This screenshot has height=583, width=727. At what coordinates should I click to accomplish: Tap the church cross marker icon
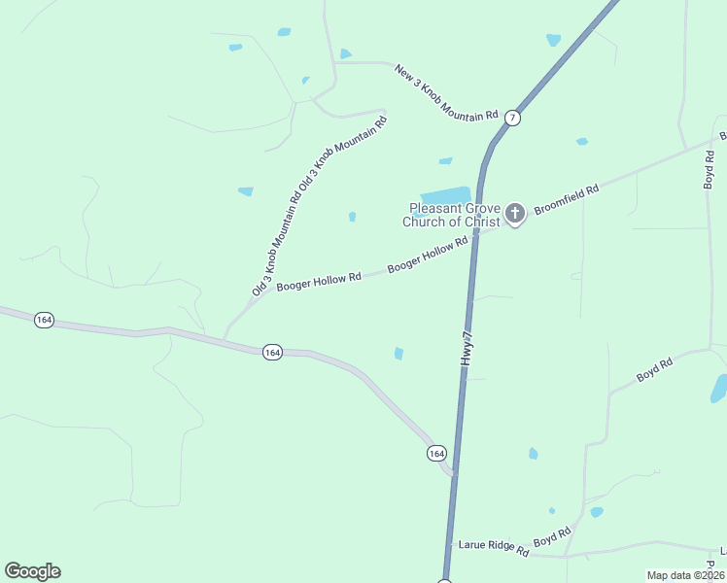tap(516, 213)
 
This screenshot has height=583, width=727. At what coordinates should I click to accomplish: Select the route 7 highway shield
tap(513, 118)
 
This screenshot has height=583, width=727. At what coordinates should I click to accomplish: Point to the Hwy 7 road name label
tap(468, 347)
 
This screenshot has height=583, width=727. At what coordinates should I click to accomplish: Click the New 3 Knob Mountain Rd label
tap(446, 93)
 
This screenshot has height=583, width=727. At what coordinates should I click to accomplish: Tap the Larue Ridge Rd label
tap(495, 550)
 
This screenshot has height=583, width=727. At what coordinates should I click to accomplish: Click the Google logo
tap(32, 571)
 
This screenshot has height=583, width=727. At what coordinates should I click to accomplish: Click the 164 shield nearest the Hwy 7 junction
tap(436, 453)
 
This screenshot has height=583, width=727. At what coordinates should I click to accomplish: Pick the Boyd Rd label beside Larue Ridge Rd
tap(551, 537)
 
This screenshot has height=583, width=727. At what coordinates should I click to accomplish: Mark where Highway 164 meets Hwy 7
tap(454, 474)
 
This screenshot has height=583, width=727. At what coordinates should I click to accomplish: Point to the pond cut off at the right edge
tap(719, 389)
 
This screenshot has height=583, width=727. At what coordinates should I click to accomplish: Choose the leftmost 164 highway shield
tap(43, 319)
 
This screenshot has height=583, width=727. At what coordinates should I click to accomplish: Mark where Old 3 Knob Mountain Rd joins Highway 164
tap(225, 338)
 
